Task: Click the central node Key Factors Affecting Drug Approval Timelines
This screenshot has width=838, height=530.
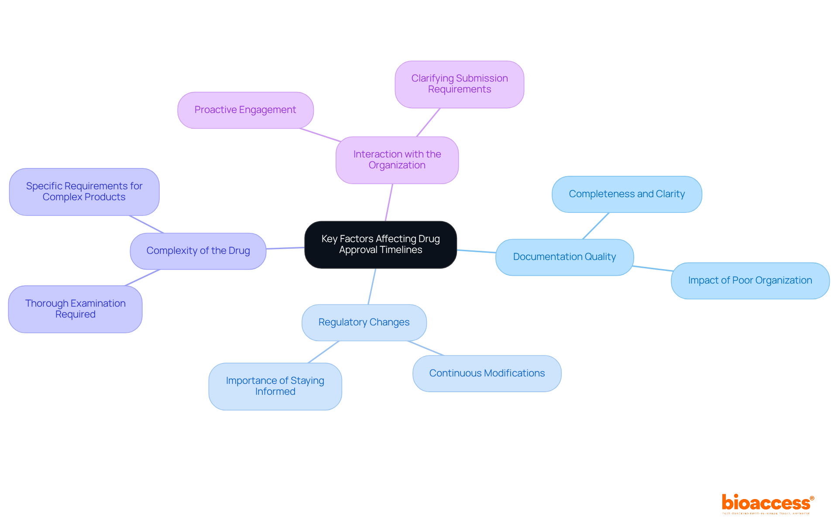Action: (380, 244)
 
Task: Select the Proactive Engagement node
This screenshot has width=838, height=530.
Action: (245, 110)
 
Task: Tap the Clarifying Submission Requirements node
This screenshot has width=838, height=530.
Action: (459, 84)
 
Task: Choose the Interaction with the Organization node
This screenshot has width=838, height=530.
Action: (397, 160)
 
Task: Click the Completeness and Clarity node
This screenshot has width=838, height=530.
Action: (626, 194)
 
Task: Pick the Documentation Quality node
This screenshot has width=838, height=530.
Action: (564, 257)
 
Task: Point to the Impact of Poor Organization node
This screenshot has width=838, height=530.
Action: (750, 280)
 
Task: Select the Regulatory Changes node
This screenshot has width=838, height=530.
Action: (364, 322)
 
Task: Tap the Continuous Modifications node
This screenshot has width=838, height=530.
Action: (487, 373)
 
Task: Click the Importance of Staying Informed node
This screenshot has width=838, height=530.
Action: (275, 386)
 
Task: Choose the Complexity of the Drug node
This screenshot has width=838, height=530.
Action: (198, 251)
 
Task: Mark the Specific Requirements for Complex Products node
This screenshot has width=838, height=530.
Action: (84, 191)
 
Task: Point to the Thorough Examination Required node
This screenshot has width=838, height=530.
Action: (75, 309)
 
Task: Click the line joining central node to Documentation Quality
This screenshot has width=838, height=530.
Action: (476, 251)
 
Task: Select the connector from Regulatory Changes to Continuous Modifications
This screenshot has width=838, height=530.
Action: (426, 348)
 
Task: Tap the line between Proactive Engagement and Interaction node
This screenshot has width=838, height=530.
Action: (320, 135)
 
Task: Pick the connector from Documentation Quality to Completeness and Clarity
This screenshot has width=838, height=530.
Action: (596, 226)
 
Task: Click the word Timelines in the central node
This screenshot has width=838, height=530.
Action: (401, 250)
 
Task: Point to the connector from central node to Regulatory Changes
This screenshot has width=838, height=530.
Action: (372, 286)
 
